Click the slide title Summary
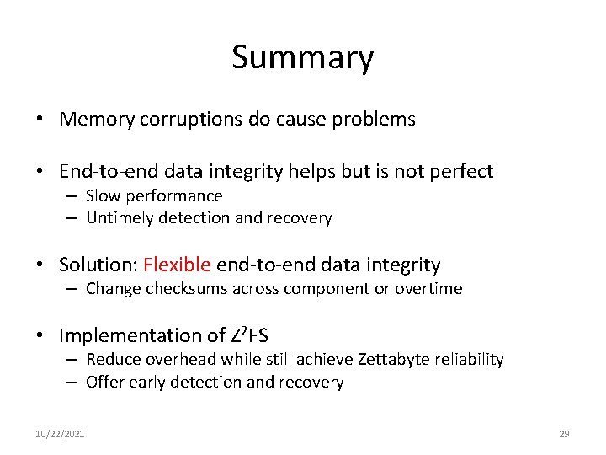(302, 58)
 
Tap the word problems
(378, 120)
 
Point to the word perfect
(461, 172)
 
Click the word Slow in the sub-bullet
(104, 196)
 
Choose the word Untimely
(118, 218)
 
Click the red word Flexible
(177, 265)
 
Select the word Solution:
(98, 265)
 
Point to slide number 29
(564, 434)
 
